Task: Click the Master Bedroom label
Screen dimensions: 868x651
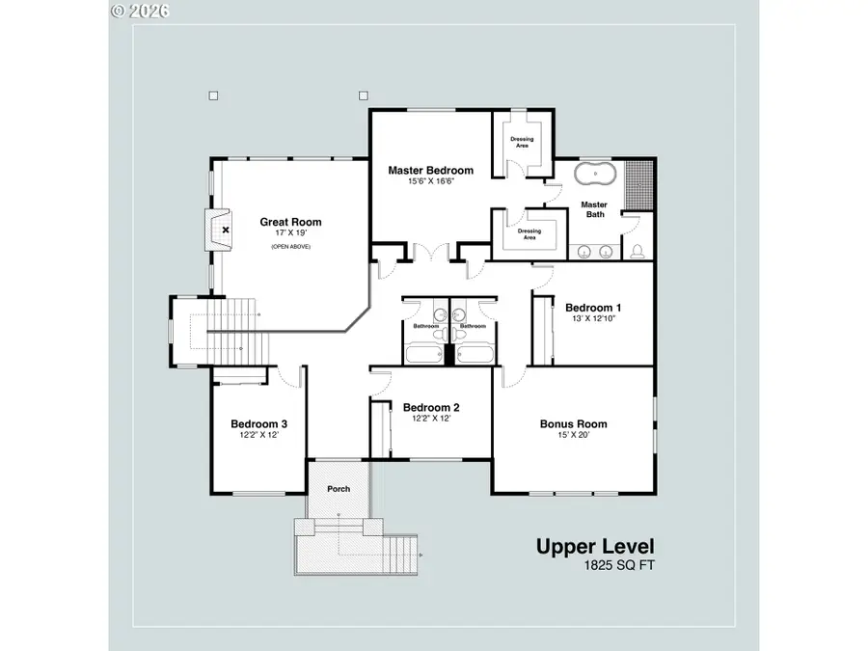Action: [x=431, y=171]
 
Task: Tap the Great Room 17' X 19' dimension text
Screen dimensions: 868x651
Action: [x=290, y=233]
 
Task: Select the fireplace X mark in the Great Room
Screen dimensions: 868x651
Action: [x=226, y=230]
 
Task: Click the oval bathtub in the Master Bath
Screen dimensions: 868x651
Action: [x=595, y=174]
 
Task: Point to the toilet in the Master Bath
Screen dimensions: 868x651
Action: [x=637, y=252]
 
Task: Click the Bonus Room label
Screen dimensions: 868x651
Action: [x=574, y=424]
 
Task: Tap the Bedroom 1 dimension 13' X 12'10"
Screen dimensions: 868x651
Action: [x=593, y=319]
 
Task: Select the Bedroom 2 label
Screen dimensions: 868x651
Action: [x=431, y=407]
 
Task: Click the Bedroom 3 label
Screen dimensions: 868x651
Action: [x=259, y=424]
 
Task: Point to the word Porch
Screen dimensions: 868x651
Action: [x=339, y=489]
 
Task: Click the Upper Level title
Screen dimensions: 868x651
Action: [x=595, y=547]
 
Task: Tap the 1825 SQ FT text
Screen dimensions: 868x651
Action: [x=619, y=565]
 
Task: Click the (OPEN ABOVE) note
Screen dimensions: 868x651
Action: [x=290, y=247]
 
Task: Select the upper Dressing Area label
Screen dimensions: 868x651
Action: [x=522, y=143]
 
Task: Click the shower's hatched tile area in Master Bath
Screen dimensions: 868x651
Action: [x=639, y=185]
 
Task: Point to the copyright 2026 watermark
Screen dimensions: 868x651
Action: [x=140, y=11]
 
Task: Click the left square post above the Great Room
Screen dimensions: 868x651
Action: [x=214, y=95]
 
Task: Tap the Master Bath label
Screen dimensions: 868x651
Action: [x=594, y=210]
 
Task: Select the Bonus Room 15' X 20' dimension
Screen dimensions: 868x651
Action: [x=574, y=435]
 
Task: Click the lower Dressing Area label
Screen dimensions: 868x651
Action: [x=529, y=234]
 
